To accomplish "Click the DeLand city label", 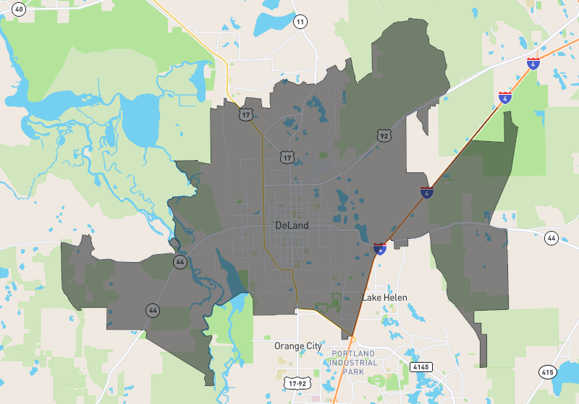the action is (292, 225).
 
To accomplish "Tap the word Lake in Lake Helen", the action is (372, 298).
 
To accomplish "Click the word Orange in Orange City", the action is (288, 346).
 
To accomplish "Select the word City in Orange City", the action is (313, 346).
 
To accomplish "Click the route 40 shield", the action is (19, 9).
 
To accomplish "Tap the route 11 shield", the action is (300, 22).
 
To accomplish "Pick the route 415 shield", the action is (547, 372).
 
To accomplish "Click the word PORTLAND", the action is (354, 353).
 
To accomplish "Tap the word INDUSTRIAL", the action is (355, 362).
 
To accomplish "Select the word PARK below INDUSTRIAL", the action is (354, 371).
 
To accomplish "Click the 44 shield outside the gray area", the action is (551, 237).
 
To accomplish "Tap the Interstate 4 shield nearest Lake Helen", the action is (380, 248).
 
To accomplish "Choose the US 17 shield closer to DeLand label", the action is (287, 156).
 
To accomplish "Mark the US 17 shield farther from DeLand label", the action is (246, 114).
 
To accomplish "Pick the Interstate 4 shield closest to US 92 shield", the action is (428, 192).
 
